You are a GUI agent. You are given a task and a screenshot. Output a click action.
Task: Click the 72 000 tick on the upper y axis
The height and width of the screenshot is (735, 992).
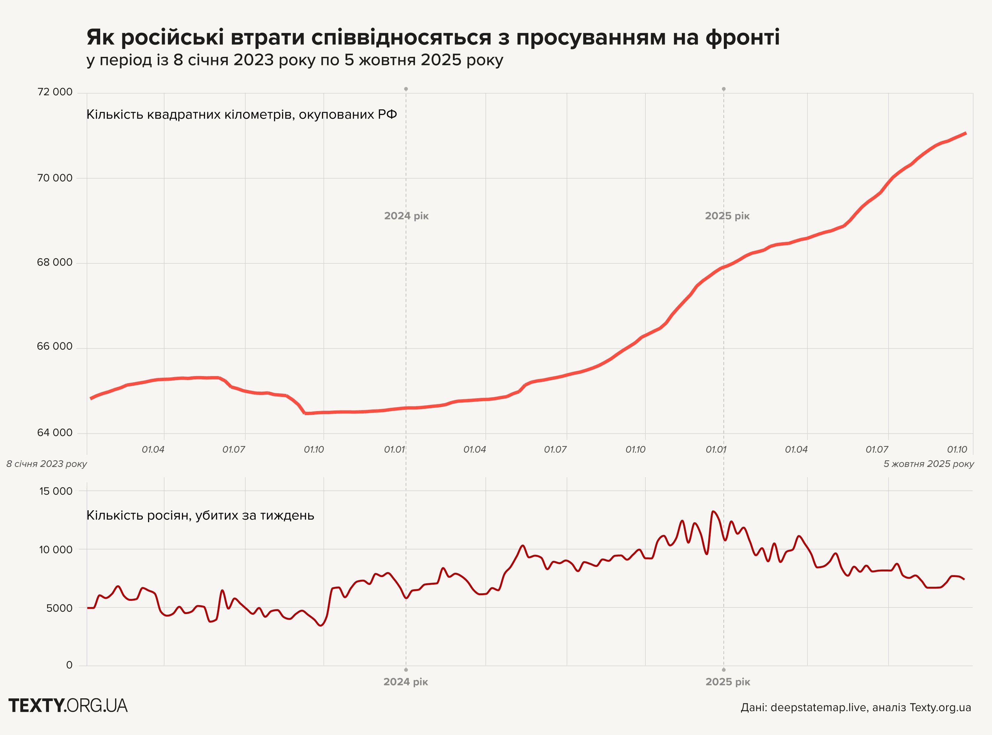tap(55, 92)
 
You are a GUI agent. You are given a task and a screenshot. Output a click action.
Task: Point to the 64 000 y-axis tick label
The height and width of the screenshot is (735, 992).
tap(55, 433)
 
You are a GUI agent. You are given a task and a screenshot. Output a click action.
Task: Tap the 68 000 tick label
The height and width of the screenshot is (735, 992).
tap(55, 262)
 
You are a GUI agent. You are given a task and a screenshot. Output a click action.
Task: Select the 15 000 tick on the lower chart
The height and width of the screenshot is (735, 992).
tap(56, 491)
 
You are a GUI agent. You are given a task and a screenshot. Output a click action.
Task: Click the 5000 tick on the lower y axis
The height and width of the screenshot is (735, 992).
tap(59, 608)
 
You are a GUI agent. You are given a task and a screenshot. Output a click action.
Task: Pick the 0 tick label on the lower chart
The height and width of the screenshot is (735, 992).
tap(69, 665)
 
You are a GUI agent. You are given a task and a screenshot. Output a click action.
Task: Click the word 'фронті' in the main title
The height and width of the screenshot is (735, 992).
tap(742, 37)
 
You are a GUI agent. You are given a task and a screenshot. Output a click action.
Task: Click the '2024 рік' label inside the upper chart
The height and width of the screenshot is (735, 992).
tap(406, 216)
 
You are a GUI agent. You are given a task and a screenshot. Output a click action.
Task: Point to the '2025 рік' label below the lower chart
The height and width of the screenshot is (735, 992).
tap(728, 681)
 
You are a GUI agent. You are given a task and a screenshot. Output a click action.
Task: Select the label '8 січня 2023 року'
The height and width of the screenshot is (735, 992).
tap(47, 464)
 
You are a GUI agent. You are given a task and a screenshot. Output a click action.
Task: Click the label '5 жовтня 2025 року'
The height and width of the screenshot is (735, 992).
tap(929, 464)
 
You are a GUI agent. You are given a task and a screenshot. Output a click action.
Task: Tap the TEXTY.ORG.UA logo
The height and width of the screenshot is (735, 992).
tap(68, 706)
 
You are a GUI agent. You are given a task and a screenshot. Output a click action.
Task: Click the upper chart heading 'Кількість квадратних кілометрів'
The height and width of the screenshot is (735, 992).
tap(241, 115)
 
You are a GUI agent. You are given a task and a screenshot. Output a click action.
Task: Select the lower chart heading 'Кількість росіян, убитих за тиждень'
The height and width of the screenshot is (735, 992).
tap(200, 516)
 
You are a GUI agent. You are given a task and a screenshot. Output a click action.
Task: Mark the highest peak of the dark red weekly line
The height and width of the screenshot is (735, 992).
tap(713, 511)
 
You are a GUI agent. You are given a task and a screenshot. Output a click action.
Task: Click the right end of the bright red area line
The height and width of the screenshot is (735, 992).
tap(965, 133)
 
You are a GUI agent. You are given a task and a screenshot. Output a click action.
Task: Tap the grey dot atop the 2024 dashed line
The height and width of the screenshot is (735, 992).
tap(406, 89)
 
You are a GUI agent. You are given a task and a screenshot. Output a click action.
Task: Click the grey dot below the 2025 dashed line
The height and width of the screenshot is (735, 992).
tap(723, 670)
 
